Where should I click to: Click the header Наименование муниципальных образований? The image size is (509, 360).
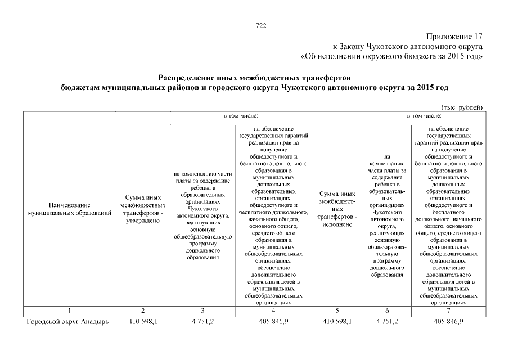69,210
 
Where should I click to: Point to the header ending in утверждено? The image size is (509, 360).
143,210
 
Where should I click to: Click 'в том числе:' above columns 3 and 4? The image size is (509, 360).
240,116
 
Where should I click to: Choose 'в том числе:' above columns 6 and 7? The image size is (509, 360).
424,116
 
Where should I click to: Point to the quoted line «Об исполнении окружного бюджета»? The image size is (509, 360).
392,56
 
